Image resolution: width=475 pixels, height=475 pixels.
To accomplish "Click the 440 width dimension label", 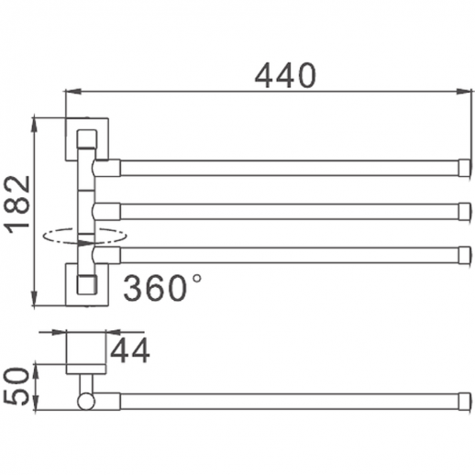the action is (x=285, y=75).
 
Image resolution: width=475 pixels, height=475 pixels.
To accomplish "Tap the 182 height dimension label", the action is (x=17, y=204).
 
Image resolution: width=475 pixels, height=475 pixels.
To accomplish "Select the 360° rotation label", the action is (x=162, y=287).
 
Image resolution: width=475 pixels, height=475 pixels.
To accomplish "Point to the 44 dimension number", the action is (x=130, y=350).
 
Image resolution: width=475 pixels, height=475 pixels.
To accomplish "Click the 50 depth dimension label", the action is (x=17, y=386).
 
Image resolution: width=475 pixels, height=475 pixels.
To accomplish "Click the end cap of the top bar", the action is (x=464, y=168).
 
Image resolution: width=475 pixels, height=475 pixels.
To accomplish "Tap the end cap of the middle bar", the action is (x=464, y=212).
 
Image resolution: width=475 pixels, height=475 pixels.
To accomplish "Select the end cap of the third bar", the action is (x=464, y=255).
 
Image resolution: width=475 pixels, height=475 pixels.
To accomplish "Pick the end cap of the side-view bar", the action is (x=464, y=402).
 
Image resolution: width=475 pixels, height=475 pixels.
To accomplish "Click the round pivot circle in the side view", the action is (x=86, y=402).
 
